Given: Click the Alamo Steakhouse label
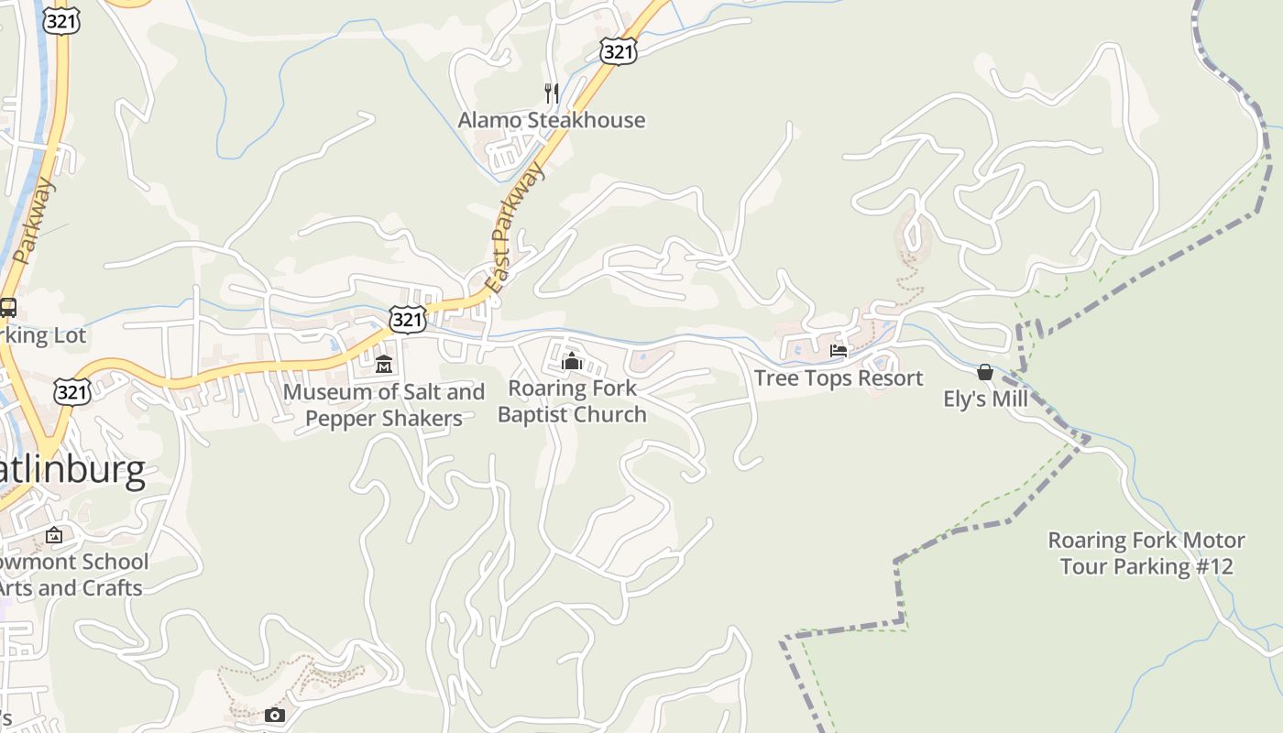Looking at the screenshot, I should tap(551, 120).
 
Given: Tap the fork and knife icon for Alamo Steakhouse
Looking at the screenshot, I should tap(551, 93).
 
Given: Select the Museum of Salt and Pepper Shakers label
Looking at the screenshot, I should tap(384, 405).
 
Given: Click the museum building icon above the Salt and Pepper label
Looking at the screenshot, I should tap(384, 364).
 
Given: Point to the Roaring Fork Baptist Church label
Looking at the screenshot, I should tap(572, 401).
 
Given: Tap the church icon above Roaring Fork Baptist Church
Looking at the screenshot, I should tap(572, 361).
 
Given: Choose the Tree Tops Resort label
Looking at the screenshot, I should tap(838, 378).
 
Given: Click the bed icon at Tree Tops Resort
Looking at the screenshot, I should tap(838, 351).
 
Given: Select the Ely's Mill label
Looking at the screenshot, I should tap(985, 399).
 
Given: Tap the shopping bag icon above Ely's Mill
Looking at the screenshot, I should tap(985, 372).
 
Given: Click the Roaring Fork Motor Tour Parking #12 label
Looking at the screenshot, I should tap(1146, 553).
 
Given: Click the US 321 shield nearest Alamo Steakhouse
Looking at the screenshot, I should tap(619, 51).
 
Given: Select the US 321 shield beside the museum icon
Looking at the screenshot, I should tap(407, 319).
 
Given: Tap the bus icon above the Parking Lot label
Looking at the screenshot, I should tap(8, 308).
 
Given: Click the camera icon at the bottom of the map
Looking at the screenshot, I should tap(274, 716).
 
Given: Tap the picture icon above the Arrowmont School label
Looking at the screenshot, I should tap(54, 535).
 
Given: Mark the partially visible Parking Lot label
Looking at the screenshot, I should tap(42, 335).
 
